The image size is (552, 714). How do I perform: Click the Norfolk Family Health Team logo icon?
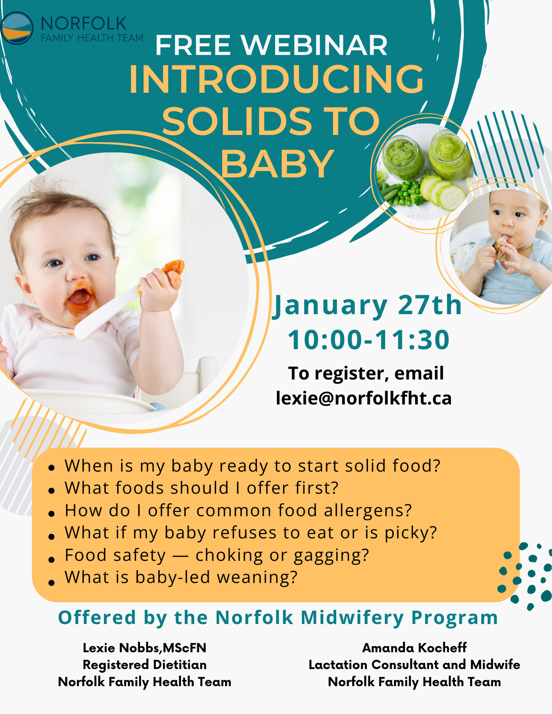coord(16,28)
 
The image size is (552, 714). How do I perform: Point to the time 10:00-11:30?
coord(368,340)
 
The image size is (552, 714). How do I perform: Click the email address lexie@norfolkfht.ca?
coord(364,398)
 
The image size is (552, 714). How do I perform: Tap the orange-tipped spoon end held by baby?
coord(174,268)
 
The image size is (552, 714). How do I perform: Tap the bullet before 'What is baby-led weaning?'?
coord(52,583)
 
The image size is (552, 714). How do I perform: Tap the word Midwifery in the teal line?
coord(352,618)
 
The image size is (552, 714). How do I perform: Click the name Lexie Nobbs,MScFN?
coord(145,648)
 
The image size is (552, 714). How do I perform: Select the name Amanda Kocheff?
coord(414,648)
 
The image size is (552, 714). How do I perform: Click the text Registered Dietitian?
coord(145,665)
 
